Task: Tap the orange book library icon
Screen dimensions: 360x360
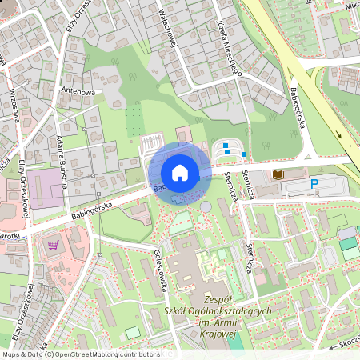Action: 278,174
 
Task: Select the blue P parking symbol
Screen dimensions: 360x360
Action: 314,186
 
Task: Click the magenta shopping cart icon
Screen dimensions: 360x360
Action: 53,246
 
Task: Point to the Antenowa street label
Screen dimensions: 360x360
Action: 78,91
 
